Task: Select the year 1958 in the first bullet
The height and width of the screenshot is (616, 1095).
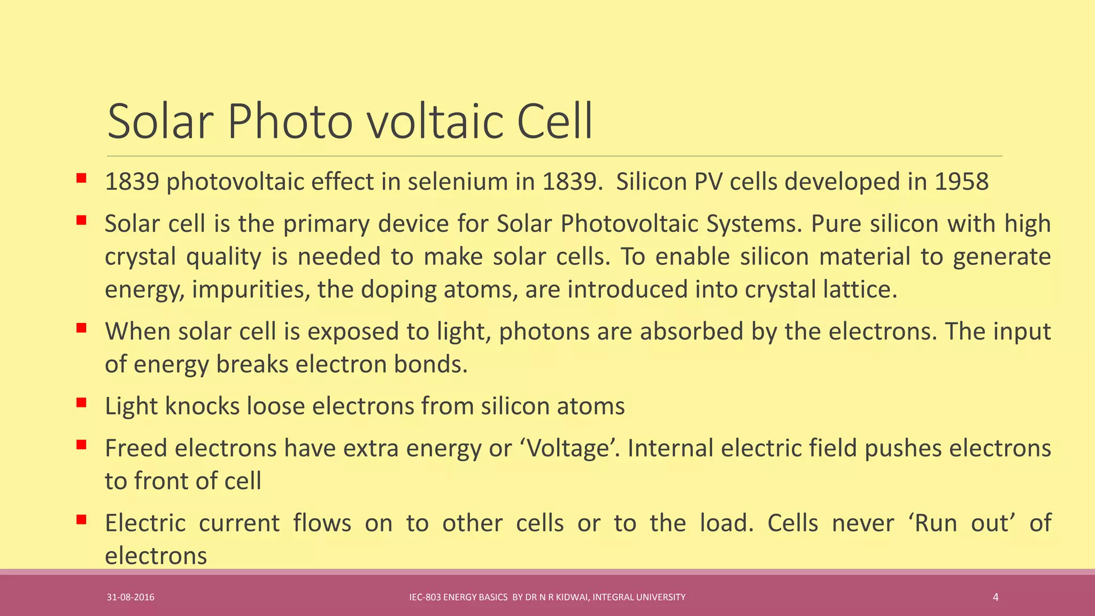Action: (x=961, y=182)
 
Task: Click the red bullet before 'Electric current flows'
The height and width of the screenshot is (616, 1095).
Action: (x=81, y=519)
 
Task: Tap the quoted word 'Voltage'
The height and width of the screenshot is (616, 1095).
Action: (x=569, y=448)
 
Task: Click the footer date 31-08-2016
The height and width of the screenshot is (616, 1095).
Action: (x=130, y=597)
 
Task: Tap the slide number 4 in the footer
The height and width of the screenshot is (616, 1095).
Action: (x=995, y=597)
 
